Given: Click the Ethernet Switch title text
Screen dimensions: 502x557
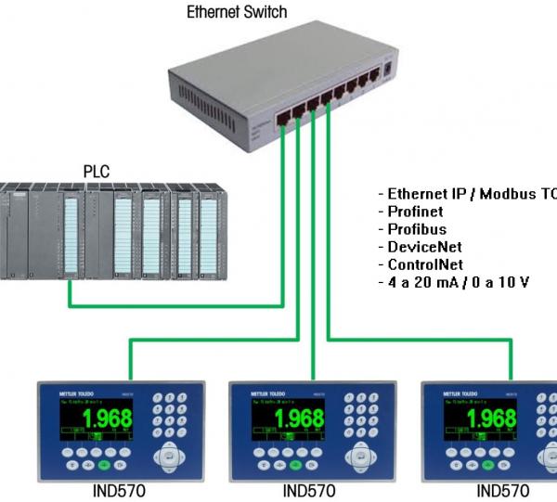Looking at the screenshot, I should tap(237, 12).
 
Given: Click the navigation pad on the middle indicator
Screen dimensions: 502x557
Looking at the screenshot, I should tap(360, 457).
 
